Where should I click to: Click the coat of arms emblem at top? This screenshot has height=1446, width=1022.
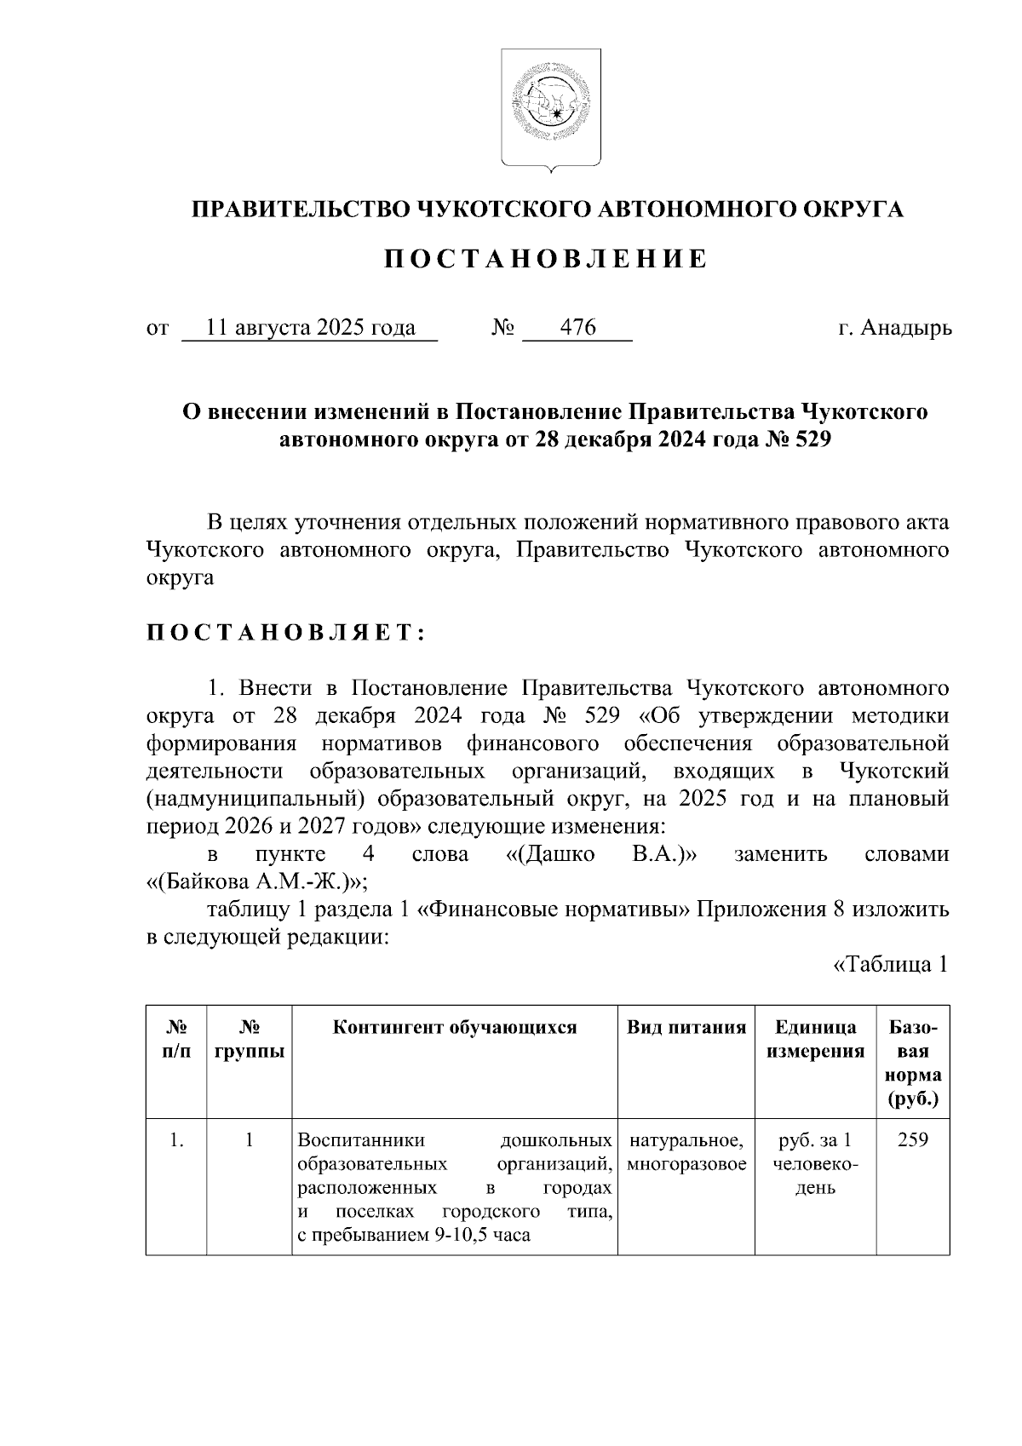(x=550, y=106)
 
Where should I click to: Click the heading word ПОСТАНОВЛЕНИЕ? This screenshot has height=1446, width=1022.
(x=545, y=259)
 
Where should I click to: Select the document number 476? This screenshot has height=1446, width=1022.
(x=578, y=328)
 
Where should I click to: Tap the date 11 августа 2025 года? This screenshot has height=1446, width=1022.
(x=311, y=328)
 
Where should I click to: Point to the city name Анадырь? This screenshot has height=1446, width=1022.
(x=907, y=328)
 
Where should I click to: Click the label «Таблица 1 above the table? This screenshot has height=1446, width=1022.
(x=890, y=965)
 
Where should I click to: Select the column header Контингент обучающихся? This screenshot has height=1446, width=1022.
(x=455, y=1027)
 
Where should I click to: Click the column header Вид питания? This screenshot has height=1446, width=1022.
(x=686, y=1027)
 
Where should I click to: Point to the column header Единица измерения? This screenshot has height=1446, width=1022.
(x=815, y=1039)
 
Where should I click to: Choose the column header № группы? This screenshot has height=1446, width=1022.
(x=250, y=1039)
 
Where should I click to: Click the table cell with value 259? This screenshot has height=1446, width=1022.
(x=913, y=1139)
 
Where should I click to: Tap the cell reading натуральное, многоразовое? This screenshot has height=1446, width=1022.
(x=686, y=1151)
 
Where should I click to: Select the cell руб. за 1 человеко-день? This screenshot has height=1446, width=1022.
(x=815, y=1163)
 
